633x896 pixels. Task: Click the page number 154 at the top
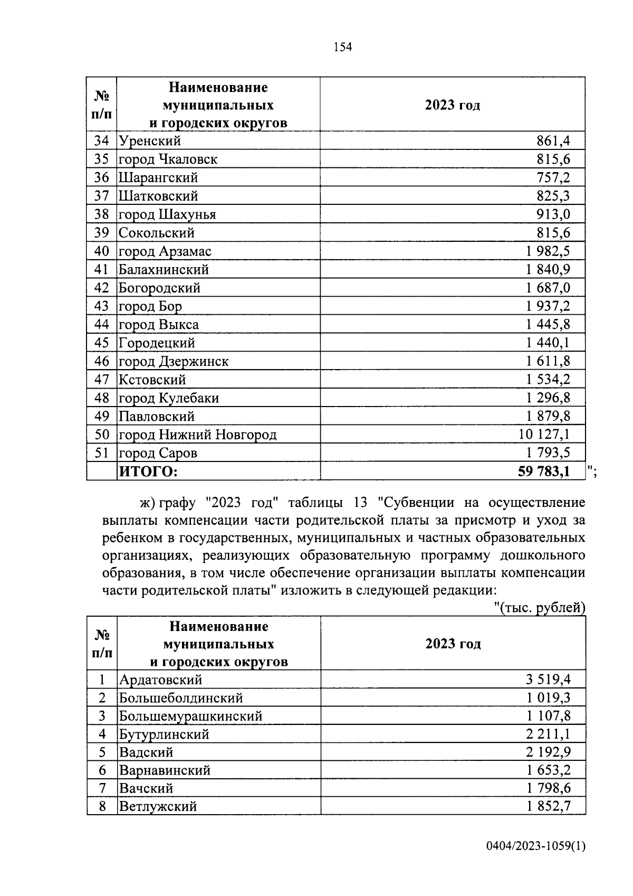343,47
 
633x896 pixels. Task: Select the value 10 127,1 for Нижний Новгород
544,435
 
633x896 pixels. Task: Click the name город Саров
158,453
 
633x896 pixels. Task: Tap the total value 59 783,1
544,471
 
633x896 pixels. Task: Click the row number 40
101,251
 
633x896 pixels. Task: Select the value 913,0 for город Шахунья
553,214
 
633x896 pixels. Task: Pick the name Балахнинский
164,269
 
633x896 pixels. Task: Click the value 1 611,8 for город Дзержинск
548,361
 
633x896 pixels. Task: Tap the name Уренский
150,141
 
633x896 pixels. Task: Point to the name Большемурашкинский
190,716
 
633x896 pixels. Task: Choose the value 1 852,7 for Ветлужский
548,806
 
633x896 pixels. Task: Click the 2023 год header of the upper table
452,105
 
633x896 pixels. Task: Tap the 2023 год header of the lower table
453,644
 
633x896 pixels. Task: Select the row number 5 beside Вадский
102,752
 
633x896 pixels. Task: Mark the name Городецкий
157,343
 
